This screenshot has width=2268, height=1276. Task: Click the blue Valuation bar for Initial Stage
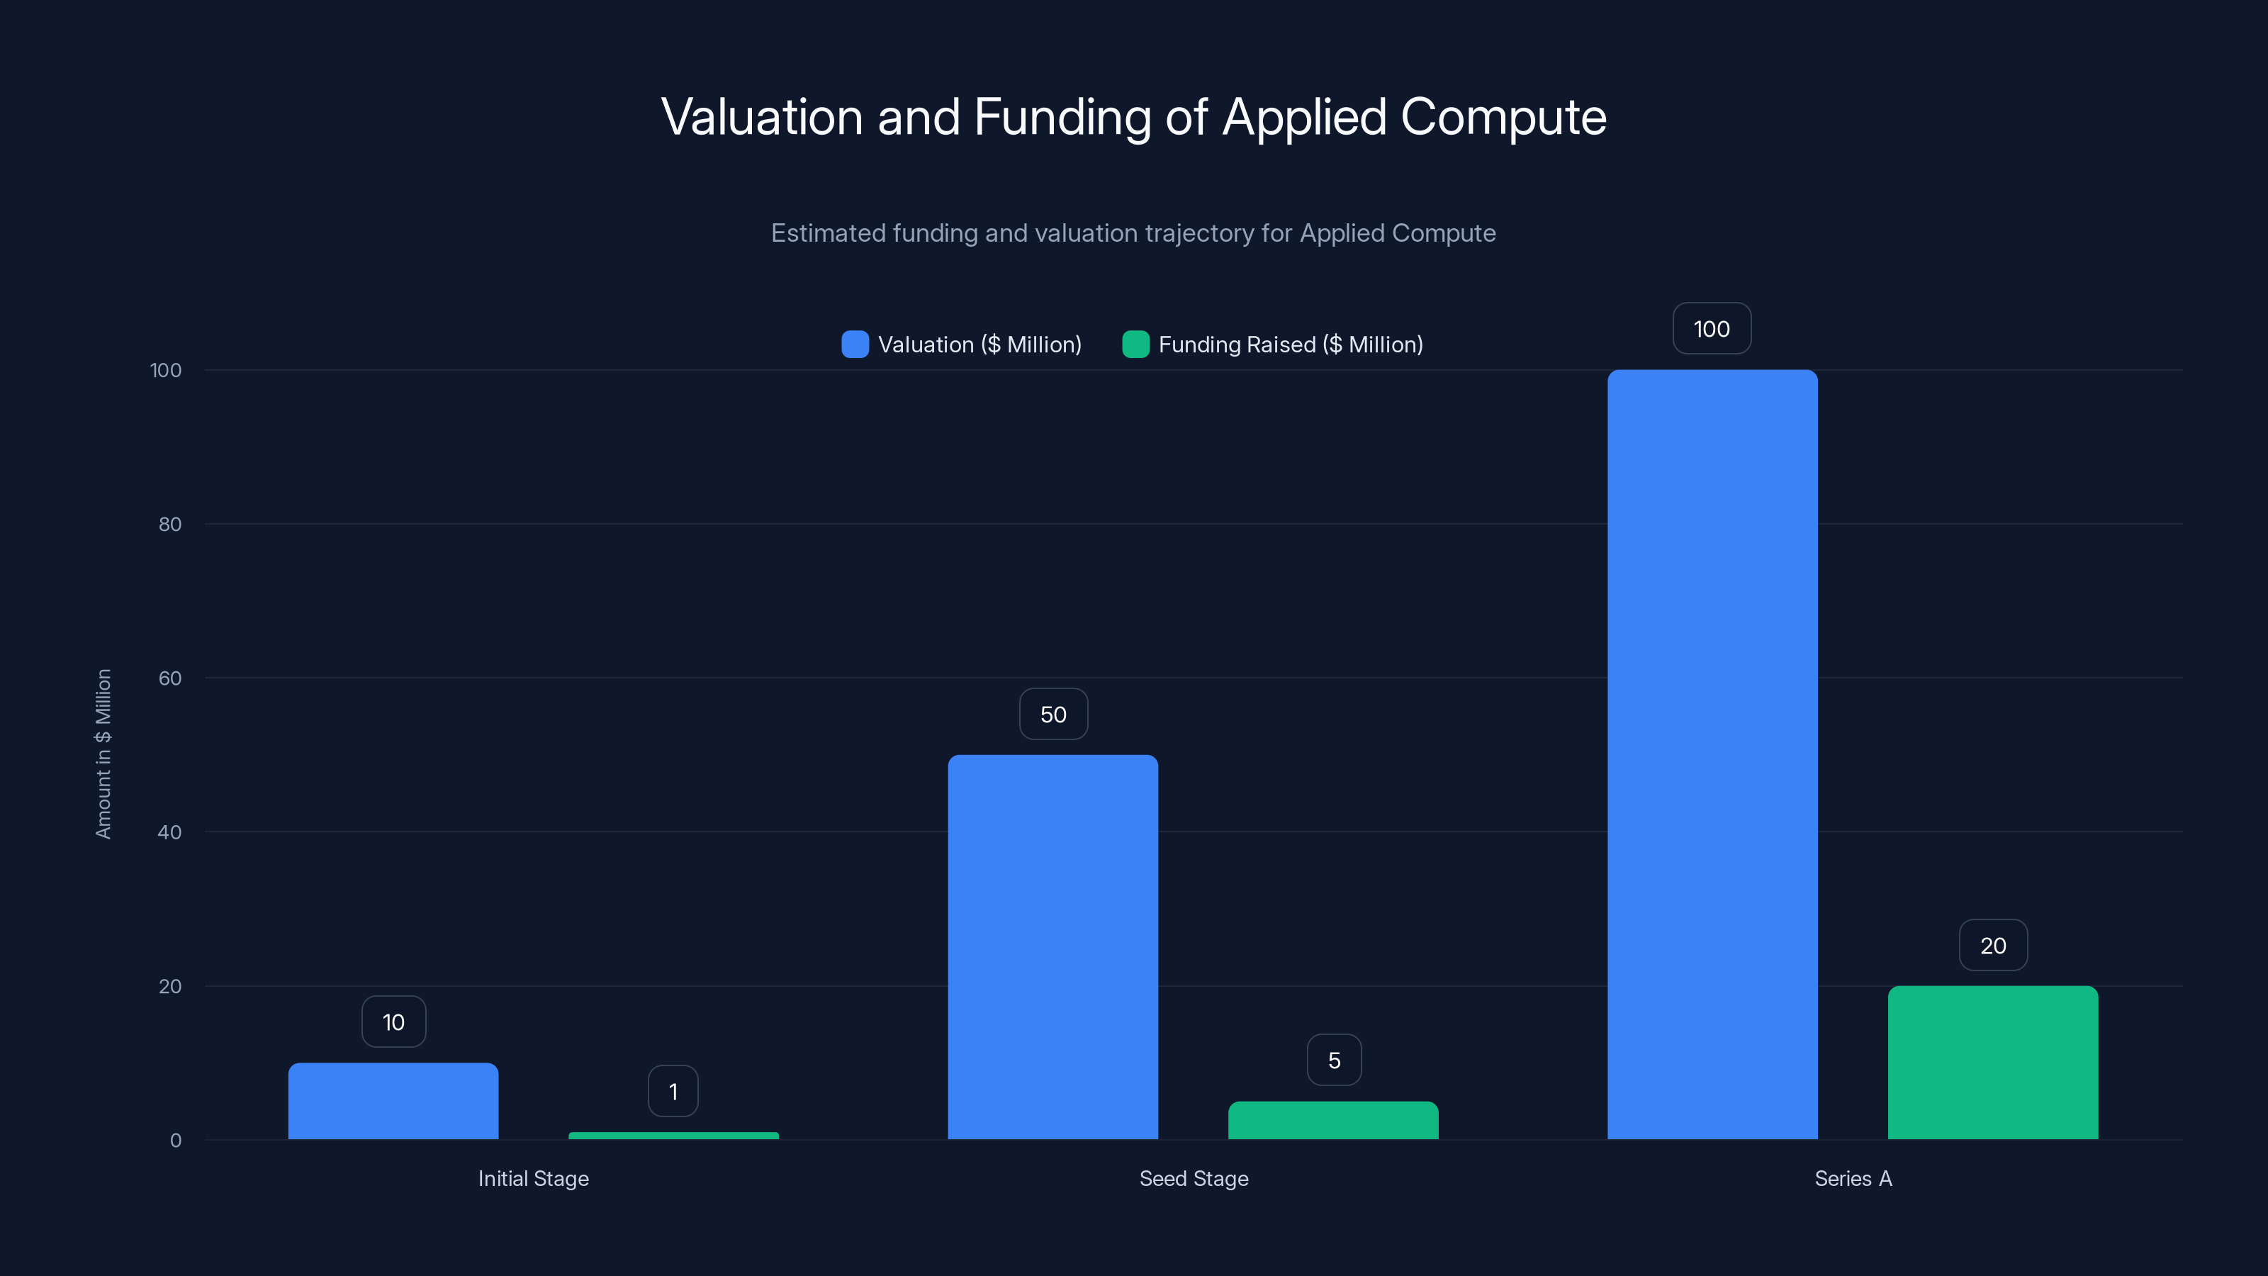(393, 1101)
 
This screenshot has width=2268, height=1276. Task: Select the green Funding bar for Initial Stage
(673, 1135)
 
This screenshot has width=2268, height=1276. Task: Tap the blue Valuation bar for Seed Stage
(1053, 946)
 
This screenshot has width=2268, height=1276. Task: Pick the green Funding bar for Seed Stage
(1333, 1120)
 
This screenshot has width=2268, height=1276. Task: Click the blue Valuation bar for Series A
(1712, 755)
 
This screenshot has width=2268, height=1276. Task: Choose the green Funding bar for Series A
(1992, 1062)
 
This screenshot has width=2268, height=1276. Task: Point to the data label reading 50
(1053, 714)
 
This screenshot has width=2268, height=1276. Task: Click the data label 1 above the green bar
(673, 1092)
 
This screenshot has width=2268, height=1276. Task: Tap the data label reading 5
(1334, 1060)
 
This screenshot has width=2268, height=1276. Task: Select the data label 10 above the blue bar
(393, 1022)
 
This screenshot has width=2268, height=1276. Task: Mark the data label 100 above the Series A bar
(1712, 328)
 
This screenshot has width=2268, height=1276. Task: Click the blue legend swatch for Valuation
(855, 345)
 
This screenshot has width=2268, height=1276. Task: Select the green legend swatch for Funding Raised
(1135, 345)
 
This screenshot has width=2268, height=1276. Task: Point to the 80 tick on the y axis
(170, 524)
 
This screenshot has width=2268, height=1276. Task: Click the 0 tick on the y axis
(176, 1141)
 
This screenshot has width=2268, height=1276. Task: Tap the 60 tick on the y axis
(170, 678)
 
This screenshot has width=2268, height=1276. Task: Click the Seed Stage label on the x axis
(1194, 1178)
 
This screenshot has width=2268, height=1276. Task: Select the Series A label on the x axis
(1853, 1178)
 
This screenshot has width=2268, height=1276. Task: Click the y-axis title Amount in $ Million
(103, 754)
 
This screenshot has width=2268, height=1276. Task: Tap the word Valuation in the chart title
(762, 117)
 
